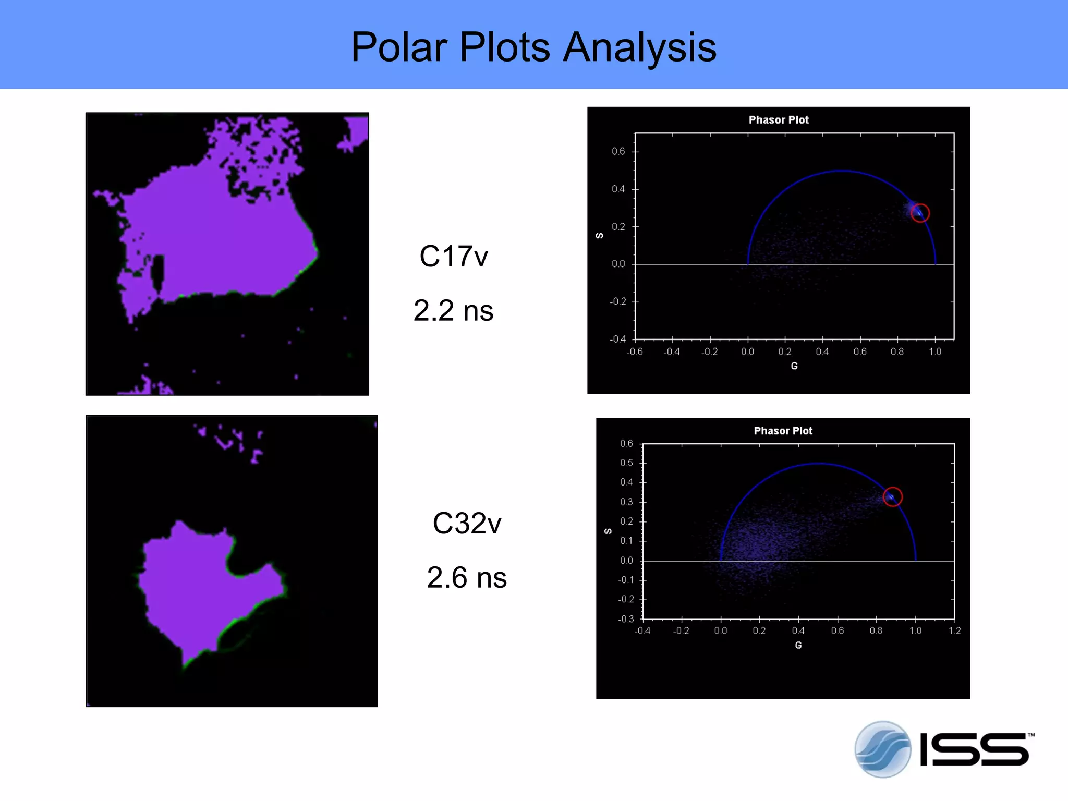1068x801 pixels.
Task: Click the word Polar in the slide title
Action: point(399,47)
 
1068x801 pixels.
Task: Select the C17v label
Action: point(454,257)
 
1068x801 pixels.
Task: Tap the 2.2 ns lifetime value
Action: point(453,311)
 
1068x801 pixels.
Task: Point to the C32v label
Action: point(467,524)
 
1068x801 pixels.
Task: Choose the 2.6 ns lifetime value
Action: point(467,578)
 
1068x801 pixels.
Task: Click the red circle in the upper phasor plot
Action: point(920,213)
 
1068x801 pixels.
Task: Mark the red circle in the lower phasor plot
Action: point(892,497)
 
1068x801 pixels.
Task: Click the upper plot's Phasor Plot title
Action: point(779,120)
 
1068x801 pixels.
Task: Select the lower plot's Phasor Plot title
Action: point(783,431)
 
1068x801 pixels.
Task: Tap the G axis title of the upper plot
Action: point(794,366)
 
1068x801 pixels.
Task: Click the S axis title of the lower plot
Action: point(608,531)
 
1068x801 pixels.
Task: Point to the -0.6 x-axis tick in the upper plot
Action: point(635,352)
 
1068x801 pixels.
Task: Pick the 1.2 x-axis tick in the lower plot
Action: point(954,631)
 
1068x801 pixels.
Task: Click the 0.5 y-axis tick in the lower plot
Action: point(626,463)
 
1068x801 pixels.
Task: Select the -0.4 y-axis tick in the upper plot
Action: point(618,339)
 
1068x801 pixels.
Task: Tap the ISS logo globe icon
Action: point(882,749)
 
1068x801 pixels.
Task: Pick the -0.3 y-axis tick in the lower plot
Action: point(626,619)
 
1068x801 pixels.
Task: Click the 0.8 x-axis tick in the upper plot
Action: point(897,352)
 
